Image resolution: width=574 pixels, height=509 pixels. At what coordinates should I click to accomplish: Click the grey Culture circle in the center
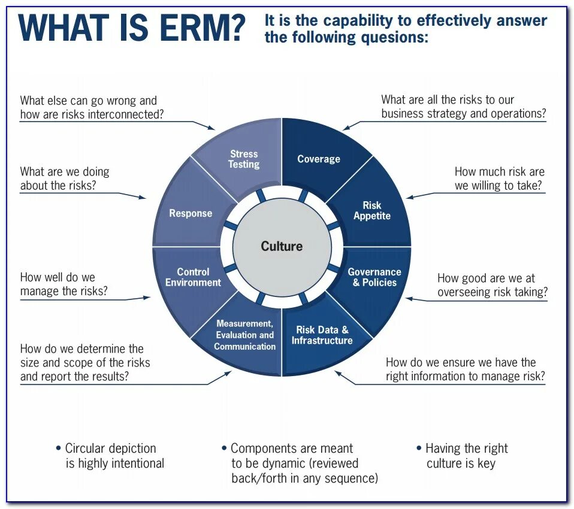[x=282, y=246]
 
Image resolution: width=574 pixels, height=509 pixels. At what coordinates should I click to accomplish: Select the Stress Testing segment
[x=244, y=159]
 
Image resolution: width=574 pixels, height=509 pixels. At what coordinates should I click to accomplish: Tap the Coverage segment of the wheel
[x=319, y=159]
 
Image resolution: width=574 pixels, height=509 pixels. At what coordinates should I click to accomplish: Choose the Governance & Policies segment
[x=374, y=277]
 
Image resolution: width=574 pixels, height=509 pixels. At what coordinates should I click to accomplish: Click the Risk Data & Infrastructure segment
[x=322, y=335]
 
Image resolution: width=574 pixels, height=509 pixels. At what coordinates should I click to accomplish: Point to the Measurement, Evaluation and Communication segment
[x=244, y=335]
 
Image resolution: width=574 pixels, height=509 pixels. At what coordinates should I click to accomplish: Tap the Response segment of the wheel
[x=191, y=213]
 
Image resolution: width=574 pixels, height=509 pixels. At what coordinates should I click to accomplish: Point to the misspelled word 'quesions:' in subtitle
[x=395, y=37]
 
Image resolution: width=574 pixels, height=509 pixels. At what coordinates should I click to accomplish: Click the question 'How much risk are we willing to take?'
[x=499, y=178]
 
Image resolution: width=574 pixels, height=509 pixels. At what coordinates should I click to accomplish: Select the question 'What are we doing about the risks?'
[x=65, y=178]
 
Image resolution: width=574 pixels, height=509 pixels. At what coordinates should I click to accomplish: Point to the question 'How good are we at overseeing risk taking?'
[x=492, y=285]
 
